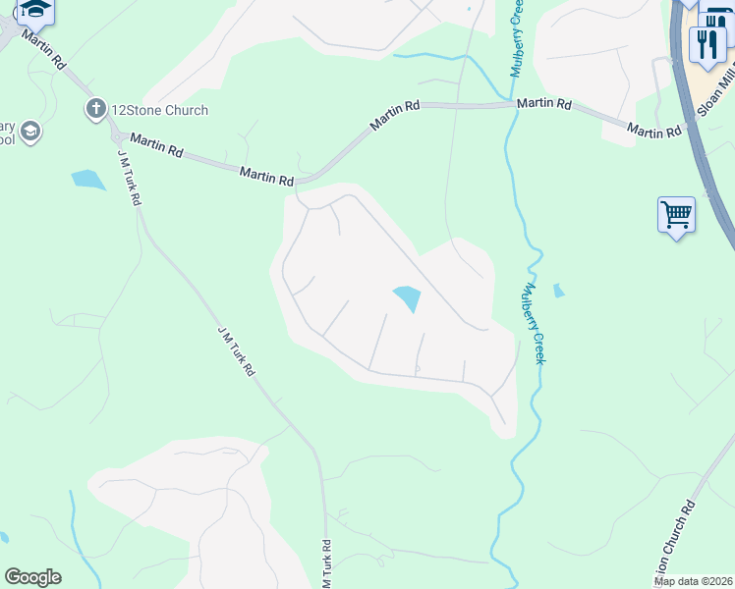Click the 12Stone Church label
[x=159, y=110]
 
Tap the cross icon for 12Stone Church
[x=95, y=109]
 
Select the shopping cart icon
[x=676, y=213]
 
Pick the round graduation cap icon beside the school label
[x=30, y=132]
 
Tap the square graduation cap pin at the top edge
[x=35, y=10]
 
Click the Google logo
[x=32, y=577]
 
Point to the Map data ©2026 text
[x=693, y=581]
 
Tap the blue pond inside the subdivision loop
[x=407, y=297]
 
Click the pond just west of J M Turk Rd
[x=88, y=180]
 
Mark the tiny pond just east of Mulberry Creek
[x=558, y=291]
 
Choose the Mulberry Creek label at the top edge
[x=515, y=39]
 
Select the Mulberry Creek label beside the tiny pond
[x=533, y=324]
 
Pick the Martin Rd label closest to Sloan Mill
[x=654, y=132]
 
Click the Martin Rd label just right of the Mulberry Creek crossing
[x=544, y=103]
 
